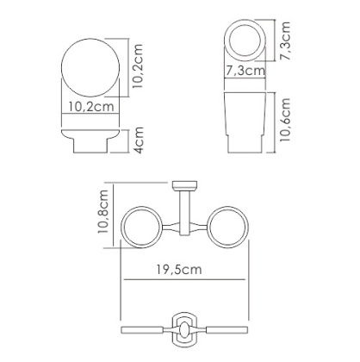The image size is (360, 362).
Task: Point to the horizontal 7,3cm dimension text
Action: click(x=243, y=72)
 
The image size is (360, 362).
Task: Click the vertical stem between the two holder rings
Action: click(x=184, y=211)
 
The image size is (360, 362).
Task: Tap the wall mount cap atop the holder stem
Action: click(x=184, y=185)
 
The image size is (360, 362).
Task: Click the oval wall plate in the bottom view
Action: click(x=184, y=330)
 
